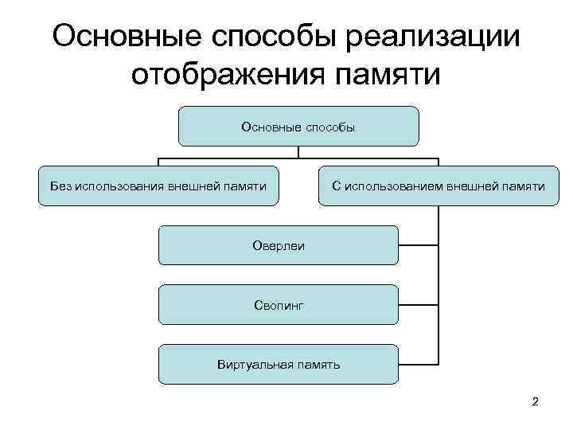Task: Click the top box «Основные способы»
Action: tap(298, 127)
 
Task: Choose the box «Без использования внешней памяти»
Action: tap(158, 186)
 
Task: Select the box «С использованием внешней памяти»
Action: tap(439, 186)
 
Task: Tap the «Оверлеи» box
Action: tap(278, 245)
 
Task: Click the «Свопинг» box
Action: tap(278, 305)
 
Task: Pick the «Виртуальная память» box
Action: tap(278, 365)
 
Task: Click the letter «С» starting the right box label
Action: tap(336, 186)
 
